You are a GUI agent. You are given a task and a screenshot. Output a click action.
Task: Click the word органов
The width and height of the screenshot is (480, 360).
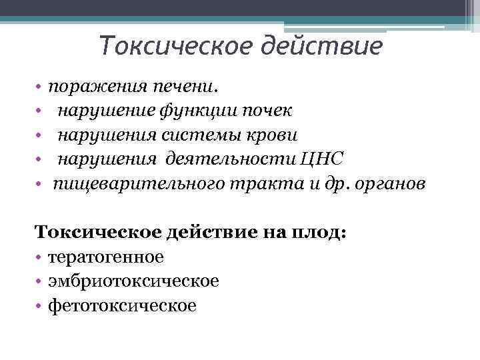point(388,183)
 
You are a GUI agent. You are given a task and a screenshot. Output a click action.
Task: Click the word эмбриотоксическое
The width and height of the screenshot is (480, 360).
point(133,281)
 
